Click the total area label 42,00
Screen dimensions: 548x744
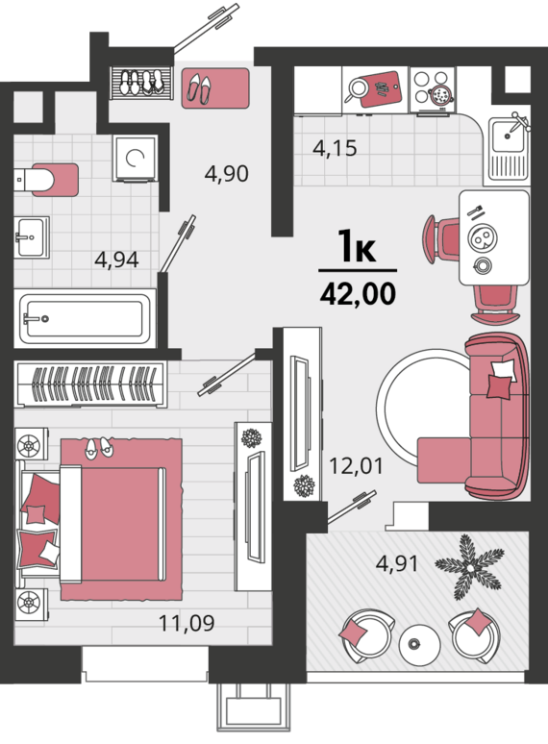[x=358, y=294]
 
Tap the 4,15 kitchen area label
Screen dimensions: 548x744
[x=335, y=149]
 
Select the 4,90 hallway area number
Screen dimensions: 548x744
[x=226, y=174]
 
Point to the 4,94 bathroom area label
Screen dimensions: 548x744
[x=116, y=260]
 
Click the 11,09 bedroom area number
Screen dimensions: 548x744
[x=187, y=623]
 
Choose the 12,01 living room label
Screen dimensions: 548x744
[x=356, y=466]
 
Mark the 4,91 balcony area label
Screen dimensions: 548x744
[x=397, y=563]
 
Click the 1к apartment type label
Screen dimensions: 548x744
[x=358, y=246]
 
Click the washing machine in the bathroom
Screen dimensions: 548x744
[x=135, y=159]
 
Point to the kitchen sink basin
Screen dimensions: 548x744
[x=507, y=136]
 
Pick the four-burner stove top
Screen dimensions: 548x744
[x=433, y=90]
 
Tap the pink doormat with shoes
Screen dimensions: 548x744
[x=216, y=88]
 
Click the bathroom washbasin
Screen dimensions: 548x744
[x=32, y=237]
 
